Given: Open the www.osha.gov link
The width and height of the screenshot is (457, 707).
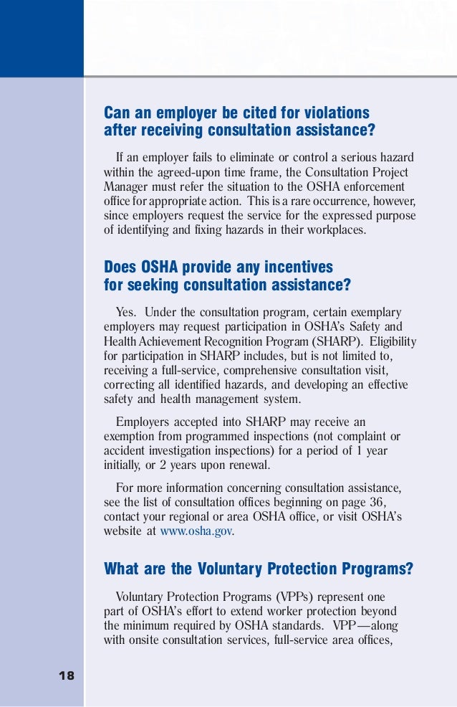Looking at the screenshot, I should click(x=196, y=531).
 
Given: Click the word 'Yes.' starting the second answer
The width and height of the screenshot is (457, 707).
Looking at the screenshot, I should click(x=128, y=312).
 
